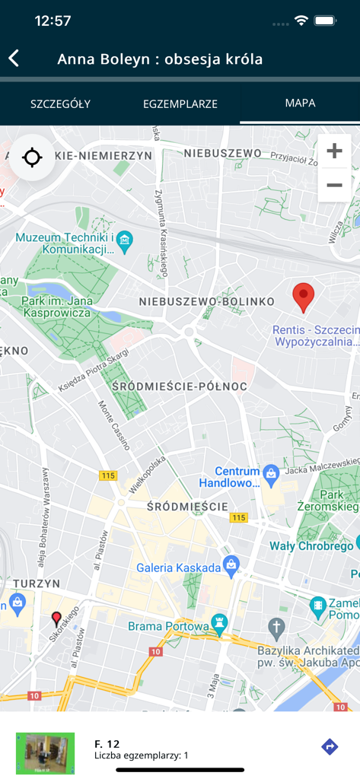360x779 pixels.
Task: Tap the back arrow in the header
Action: click(14, 59)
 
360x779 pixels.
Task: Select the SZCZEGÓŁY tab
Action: click(60, 103)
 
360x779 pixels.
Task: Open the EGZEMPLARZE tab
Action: click(180, 103)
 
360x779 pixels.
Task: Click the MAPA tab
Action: click(300, 103)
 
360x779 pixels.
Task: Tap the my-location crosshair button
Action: click(32, 158)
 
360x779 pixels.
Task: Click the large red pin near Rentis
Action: click(304, 297)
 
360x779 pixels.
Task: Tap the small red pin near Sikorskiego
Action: click(56, 618)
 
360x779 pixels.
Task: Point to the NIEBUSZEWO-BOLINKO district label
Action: click(206, 302)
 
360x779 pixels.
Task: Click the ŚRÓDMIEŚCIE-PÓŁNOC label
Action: click(179, 386)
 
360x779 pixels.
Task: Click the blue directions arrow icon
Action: click(330, 746)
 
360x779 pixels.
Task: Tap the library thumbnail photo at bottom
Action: click(46, 753)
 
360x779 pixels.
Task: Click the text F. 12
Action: click(107, 743)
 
